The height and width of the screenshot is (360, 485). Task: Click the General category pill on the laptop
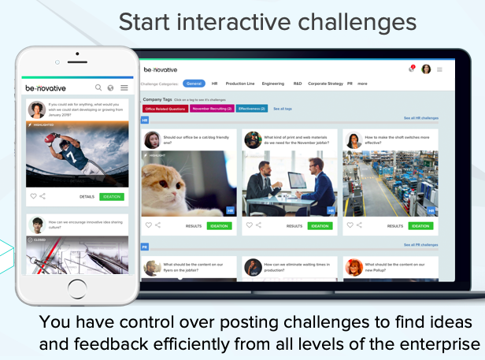(x=194, y=83)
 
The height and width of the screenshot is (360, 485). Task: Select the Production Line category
(x=240, y=83)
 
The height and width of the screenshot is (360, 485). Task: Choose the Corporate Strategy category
(x=325, y=83)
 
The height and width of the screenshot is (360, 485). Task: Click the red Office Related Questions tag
(x=165, y=108)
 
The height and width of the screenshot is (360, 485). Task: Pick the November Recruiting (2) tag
(x=210, y=108)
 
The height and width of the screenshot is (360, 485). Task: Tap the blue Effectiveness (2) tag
(x=252, y=108)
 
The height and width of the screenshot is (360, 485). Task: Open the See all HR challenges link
(x=420, y=118)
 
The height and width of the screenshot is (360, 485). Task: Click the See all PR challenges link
(x=420, y=245)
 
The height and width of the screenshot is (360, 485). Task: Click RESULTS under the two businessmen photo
(x=294, y=226)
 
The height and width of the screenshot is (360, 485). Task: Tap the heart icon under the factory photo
(x=347, y=225)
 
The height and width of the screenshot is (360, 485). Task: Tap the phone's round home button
(x=76, y=287)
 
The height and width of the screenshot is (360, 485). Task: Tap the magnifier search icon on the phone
(x=98, y=87)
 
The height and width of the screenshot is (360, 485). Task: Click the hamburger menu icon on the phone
(x=124, y=87)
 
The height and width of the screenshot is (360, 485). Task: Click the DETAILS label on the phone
(x=87, y=196)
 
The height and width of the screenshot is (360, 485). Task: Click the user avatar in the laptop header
(x=426, y=69)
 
